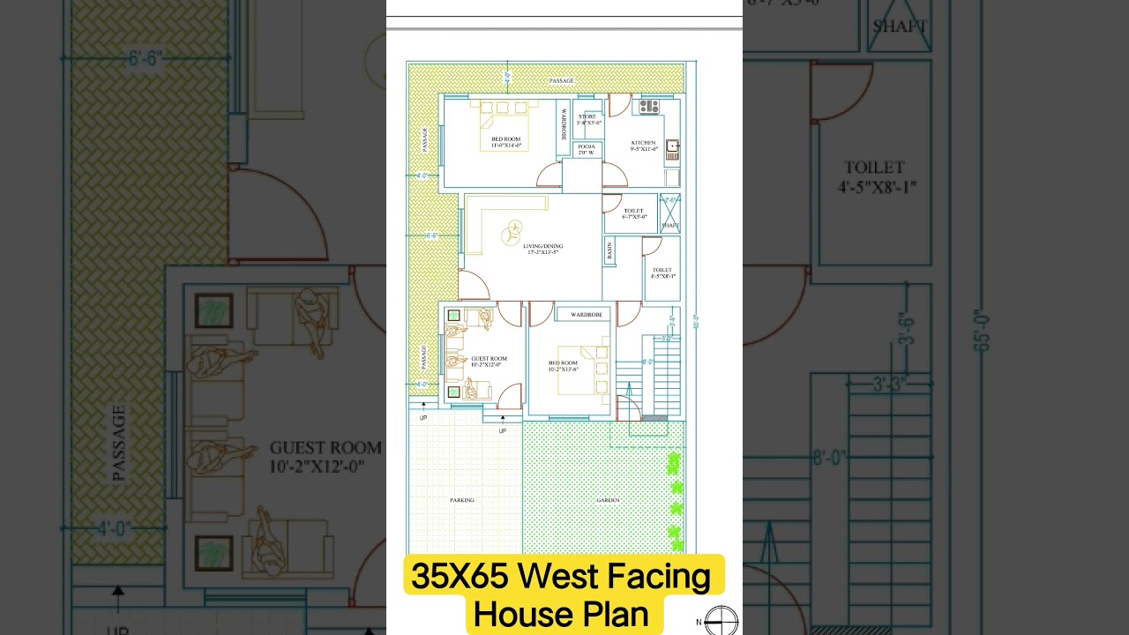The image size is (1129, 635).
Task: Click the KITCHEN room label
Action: point(643,143)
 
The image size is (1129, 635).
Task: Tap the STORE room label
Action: point(587,116)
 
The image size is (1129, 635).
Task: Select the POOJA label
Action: point(587,146)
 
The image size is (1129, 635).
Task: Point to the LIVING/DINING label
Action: point(543,246)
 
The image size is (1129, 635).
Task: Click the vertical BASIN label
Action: point(609,250)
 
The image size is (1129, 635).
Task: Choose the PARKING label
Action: point(462,500)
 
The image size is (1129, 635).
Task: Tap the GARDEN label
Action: point(608,500)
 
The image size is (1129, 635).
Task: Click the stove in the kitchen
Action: point(649,107)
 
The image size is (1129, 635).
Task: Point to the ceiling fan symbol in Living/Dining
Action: point(512,234)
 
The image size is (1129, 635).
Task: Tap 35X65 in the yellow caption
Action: point(460,577)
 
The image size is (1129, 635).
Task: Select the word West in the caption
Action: point(557,577)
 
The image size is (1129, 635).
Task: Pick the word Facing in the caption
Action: point(657,577)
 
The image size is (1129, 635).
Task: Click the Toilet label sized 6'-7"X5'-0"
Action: point(634,212)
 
